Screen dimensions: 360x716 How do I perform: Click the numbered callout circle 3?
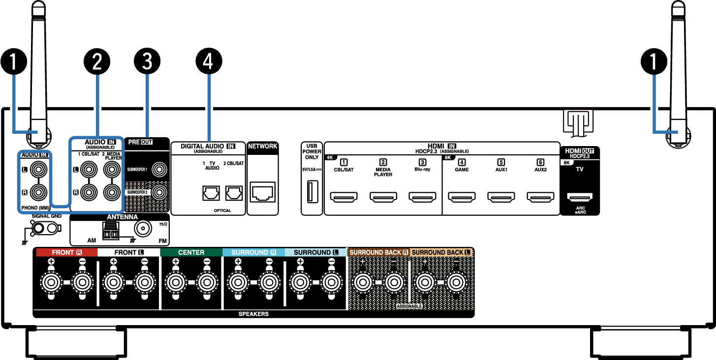[147, 61]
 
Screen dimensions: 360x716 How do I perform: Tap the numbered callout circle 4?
[209, 61]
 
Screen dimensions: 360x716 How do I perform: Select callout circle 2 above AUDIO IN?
[96, 61]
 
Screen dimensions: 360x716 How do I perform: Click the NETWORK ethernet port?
[262, 193]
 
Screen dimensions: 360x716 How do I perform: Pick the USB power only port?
[311, 192]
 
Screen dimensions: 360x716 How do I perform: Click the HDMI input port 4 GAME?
[462, 198]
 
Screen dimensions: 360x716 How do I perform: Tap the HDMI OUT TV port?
[579, 198]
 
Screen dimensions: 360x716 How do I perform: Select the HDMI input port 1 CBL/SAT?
[343, 198]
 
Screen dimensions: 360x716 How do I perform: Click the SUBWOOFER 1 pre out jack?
[159, 170]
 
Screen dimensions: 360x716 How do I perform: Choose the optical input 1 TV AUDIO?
[211, 194]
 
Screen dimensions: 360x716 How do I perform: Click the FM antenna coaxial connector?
[143, 228]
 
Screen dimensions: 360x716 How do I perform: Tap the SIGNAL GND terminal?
[44, 228]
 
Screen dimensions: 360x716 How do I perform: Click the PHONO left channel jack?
[37, 170]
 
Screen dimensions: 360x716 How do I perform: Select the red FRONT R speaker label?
[66, 253]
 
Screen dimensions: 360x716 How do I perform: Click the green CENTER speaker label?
[191, 253]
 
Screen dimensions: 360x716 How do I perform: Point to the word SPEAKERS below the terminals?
[253, 314]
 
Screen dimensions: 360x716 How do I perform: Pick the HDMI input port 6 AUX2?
[540, 198]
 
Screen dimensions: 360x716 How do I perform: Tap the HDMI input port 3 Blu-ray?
[422, 198]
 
